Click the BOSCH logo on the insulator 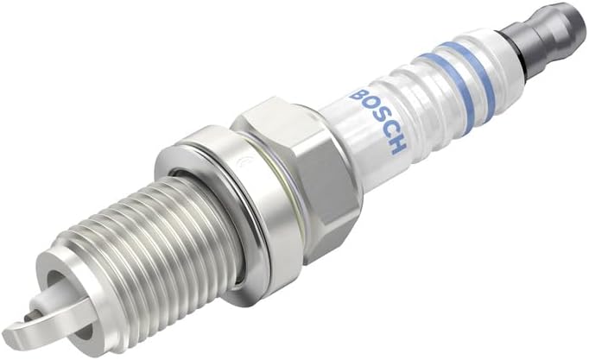point(377,120)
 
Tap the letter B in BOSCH point(357,93)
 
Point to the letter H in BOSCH point(397,146)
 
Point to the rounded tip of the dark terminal point(571,18)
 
